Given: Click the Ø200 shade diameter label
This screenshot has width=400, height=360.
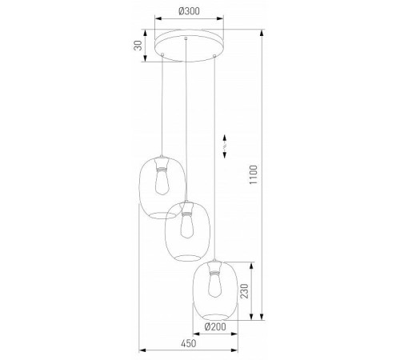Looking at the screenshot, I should tap(214, 327).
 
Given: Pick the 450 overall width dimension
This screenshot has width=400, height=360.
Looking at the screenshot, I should tap(189, 345).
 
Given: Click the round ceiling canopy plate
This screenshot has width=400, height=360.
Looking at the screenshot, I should tap(188, 45).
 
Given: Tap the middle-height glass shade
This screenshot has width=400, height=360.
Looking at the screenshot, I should tap(186, 232).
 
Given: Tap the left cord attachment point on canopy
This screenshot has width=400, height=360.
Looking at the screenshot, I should tap(163, 54).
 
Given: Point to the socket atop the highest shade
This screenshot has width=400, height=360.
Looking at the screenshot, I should tap(162, 164).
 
